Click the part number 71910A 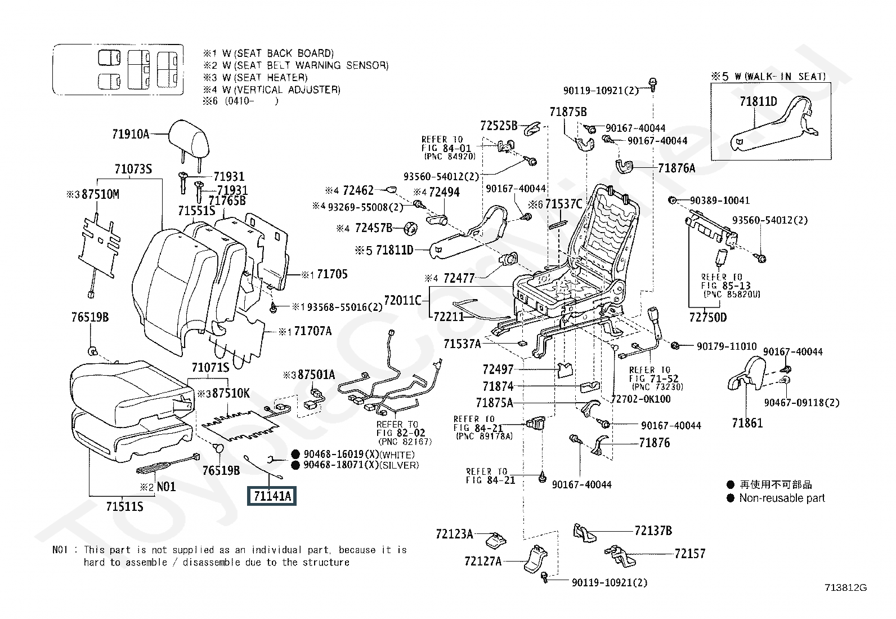pos(131,134)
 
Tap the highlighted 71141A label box pos(272,496)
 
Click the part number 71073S pos(133,169)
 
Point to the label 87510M pos(100,194)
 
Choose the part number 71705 pos(332,274)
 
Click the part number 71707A pos(313,331)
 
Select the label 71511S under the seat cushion pos(124,507)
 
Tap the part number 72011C pos(402,300)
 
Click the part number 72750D pos(707,318)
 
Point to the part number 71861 pos(747,422)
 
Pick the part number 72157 pos(689,554)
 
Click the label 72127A pos(483,561)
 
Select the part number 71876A pos(677,168)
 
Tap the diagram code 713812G pos(845,588)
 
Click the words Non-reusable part pos(782,498)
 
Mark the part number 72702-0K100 pos(640,399)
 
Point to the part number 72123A pos(454,533)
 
